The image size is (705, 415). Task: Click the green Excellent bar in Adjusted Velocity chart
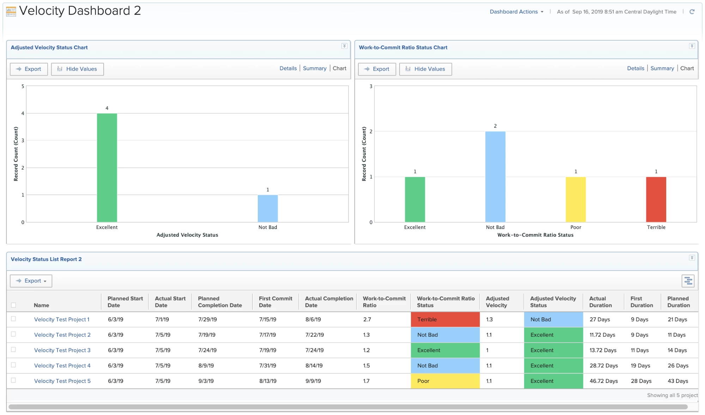click(x=107, y=168)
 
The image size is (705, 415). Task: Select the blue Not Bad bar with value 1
click(x=268, y=209)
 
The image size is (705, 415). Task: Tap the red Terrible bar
click(x=656, y=199)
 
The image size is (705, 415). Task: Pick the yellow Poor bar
click(x=576, y=199)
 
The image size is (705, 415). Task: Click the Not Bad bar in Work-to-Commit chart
click(x=495, y=177)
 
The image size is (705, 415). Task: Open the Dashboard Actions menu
click(x=516, y=12)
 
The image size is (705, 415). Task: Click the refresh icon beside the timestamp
click(x=692, y=12)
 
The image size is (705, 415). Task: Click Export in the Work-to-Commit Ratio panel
click(x=377, y=69)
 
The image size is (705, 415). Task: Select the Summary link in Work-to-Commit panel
click(x=662, y=68)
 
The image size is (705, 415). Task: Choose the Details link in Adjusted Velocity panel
click(x=288, y=68)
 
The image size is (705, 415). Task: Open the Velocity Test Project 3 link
click(x=62, y=350)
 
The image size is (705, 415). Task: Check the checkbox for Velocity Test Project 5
click(x=13, y=380)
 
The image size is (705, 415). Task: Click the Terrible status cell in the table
click(x=445, y=319)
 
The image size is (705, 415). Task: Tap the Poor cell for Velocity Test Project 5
click(x=445, y=381)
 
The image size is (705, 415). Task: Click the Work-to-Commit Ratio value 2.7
click(x=367, y=319)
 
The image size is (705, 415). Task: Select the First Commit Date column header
click(x=275, y=302)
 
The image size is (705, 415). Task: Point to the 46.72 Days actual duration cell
click(x=603, y=381)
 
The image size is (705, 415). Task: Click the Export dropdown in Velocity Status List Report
click(x=31, y=281)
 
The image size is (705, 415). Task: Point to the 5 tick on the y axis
click(x=23, y=86)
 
